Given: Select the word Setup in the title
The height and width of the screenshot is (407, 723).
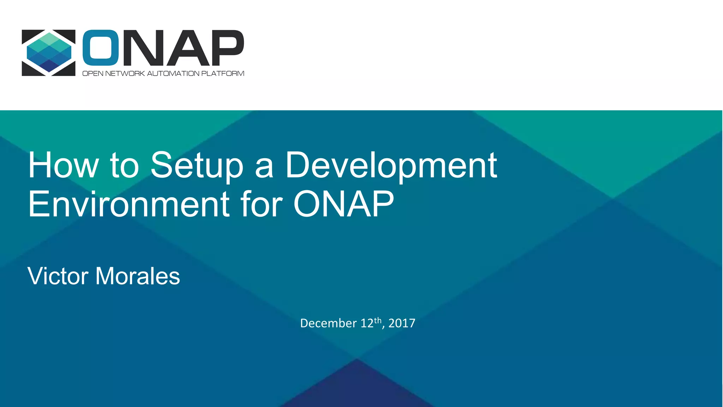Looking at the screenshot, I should pyautogui.click(x=197, y=165).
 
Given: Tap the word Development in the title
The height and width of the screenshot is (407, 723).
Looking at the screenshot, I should pyautogui.click(x=391, y=165).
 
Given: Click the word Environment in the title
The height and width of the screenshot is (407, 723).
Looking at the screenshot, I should pyautogui.click(x=129, y=204).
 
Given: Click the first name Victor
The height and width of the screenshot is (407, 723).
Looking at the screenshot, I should pyautogui.click(x=58, y=276).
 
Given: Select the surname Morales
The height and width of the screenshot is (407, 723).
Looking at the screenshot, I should pyautogui.click(x=138, y=276).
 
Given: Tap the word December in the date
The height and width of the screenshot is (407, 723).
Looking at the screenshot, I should pyautogui.click(x=328, y=323).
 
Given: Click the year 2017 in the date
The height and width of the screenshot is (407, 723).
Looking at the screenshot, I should pyautogui.click(x=402, y=323).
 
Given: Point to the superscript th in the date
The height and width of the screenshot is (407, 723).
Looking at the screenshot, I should pyautogui.click(x=378, y=320).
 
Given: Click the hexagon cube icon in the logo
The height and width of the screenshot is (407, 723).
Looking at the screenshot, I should pyautogui.click(x=49, y=52).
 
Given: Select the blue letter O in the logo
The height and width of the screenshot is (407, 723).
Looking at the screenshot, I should pyautogui.click(x=101, y=48).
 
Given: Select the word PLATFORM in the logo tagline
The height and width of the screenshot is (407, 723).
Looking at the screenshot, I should pyautogui.click(x=222, y=73).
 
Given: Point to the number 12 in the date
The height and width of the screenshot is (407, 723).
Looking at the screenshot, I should pyautogui.click(x=367, y=323).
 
